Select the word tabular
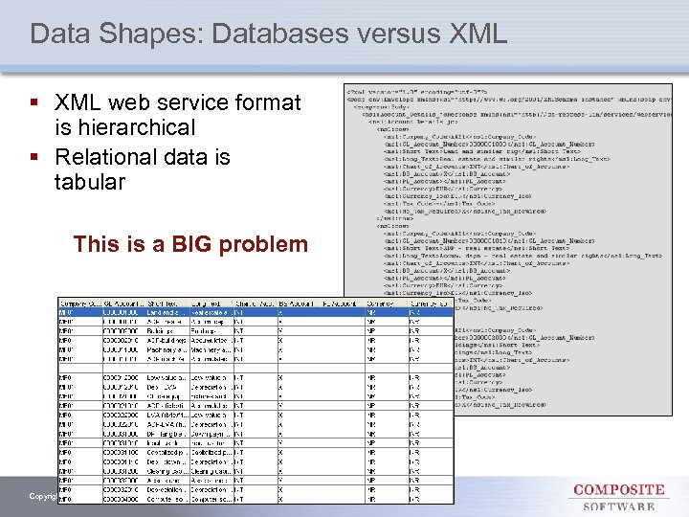[90, 181]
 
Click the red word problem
[265, 244]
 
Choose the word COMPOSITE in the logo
[619, 489]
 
